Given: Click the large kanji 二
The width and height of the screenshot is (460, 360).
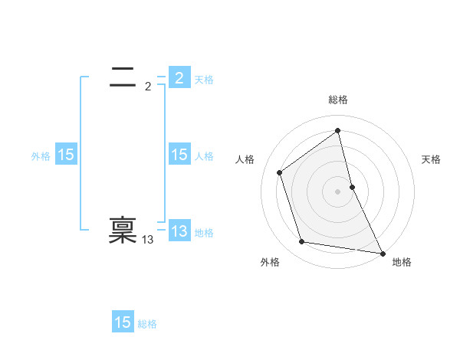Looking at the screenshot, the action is [x=123, y=76].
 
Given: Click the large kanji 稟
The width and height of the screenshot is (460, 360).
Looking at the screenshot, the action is [x=123, y=231].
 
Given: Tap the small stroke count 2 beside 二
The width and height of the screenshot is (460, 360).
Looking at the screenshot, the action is [x=148, y=87].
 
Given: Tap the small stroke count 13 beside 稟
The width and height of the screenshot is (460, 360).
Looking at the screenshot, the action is [x=148, y=240].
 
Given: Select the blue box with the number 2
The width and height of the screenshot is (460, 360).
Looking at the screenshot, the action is [x=179, y=78].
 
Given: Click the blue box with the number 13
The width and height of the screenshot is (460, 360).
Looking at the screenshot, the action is [x=179, y=231].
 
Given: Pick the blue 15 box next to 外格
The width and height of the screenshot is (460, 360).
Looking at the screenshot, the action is [x=66, y=155].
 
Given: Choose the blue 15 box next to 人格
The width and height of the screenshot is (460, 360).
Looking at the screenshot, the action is [x=179, y=155].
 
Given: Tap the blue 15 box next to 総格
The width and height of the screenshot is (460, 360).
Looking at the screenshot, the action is [x=123, y=322].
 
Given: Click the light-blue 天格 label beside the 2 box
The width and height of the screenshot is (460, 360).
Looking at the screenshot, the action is [x=204, y=80].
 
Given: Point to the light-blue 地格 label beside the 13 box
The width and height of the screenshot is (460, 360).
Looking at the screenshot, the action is [x=204, y=233].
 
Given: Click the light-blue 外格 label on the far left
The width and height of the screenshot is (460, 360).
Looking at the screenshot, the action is [x=41, y=156].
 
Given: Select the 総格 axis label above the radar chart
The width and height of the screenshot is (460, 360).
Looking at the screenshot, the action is [x=338, y=100].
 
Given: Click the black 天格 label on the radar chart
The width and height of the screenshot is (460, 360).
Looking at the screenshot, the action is [x=432, y=159].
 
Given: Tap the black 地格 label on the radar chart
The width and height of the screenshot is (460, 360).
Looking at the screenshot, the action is [x=402, y=262].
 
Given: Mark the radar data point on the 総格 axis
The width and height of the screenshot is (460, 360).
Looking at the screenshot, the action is [x=338, y=130].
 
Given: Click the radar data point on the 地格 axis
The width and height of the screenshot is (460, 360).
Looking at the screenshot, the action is [x=383, y=253].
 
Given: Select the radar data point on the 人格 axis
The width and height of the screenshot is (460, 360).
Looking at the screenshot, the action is [x=280, y=172].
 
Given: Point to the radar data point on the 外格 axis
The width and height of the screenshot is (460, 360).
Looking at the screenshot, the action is [x=302, y=242].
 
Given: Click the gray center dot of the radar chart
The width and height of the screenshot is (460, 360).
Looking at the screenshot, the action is [x=338, y=191].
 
